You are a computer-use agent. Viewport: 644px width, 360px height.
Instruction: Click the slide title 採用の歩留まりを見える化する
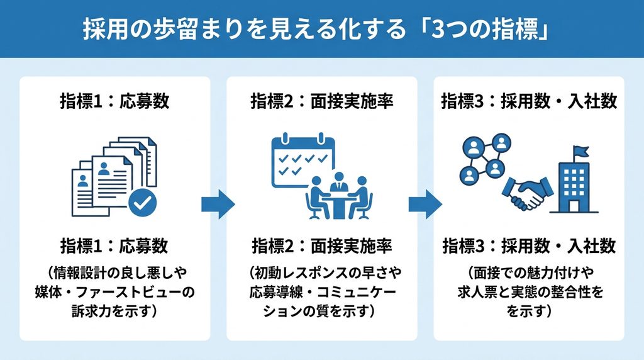(x=245, y=29)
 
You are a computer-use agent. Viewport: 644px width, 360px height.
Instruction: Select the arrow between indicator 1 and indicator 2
(x=218, y=204)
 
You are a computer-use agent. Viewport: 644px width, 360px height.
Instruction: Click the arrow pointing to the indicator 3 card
(x=425, y=204)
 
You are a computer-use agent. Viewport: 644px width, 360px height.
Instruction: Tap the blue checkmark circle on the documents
(x=143, y=202)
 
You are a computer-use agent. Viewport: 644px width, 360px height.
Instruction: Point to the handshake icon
(x=528, y=193)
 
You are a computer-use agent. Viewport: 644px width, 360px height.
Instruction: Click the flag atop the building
(x=580, y=152)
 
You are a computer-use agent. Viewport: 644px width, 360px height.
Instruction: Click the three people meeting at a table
(x=339, y=196)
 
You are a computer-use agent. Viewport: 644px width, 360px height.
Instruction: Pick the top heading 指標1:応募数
(x=114, y=101)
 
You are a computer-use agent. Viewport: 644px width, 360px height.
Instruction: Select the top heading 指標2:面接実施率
(x=322, y=101)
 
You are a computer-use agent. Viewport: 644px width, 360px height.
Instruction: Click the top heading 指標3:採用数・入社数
(x=529, y=101)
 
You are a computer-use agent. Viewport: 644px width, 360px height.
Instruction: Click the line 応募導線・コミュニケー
(x=323, y=292)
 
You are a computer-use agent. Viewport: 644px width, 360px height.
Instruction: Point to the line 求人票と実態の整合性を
(x=530, y=292)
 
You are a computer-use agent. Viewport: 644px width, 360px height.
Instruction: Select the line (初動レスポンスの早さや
(x=325, y=273)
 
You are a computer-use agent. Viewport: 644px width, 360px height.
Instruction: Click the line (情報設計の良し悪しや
(x=116, y=273)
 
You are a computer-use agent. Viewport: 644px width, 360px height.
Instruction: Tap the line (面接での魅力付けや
(x=530, y=273)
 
